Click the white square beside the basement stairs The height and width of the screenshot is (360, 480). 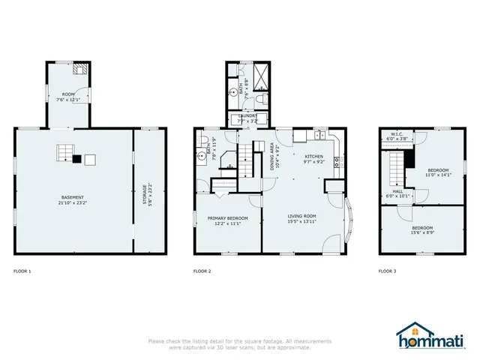90,159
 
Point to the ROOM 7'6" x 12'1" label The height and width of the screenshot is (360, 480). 68,97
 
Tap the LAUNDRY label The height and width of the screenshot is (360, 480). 247,118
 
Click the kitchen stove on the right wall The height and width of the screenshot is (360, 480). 337,160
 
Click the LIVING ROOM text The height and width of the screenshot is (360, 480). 302,218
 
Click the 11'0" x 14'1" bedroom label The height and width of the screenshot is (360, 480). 439,172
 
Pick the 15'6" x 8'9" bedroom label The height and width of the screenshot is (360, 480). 421,230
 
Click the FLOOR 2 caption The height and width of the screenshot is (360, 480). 202,271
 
